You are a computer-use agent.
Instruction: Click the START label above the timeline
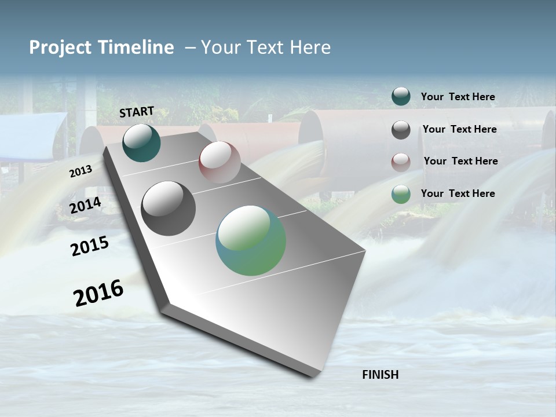137,112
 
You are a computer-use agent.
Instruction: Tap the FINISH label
380,375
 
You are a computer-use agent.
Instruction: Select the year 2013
81,171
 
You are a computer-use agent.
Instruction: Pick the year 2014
86,206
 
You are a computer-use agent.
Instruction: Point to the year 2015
90,246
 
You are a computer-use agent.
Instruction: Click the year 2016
98,293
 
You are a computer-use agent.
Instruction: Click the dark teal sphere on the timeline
141,143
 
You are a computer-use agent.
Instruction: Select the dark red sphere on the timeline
220,162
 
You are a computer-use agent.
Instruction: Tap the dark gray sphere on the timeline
169,209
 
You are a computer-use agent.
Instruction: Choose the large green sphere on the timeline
251,240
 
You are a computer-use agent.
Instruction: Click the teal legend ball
401,96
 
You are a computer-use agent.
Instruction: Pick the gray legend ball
401,130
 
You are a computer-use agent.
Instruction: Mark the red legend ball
401,162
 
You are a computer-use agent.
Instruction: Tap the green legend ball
401,194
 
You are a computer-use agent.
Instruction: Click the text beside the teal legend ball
458,97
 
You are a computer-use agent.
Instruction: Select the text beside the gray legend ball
459,129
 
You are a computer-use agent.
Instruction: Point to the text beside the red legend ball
460,161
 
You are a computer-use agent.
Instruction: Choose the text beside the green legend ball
458,193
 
